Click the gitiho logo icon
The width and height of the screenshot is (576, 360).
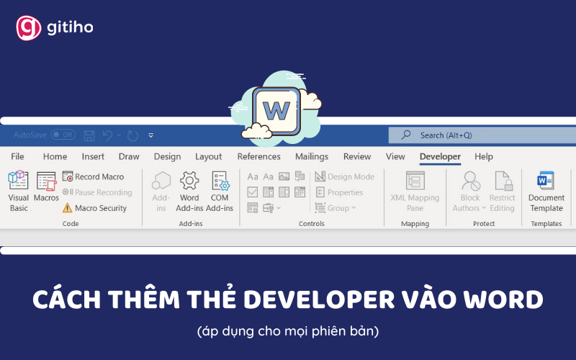[28, 28]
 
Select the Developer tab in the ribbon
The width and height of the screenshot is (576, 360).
[440, 156]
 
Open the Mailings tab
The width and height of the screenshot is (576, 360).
[311, 156]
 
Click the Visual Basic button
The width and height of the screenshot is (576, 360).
[19, 191]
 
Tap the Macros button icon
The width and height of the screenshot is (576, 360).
[46, 181]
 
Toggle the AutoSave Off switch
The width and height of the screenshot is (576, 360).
[63, 135]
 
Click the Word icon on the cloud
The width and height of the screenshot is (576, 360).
[276, 111]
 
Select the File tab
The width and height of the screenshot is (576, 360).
[17, 156]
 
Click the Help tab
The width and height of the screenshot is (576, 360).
[484, 156]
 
